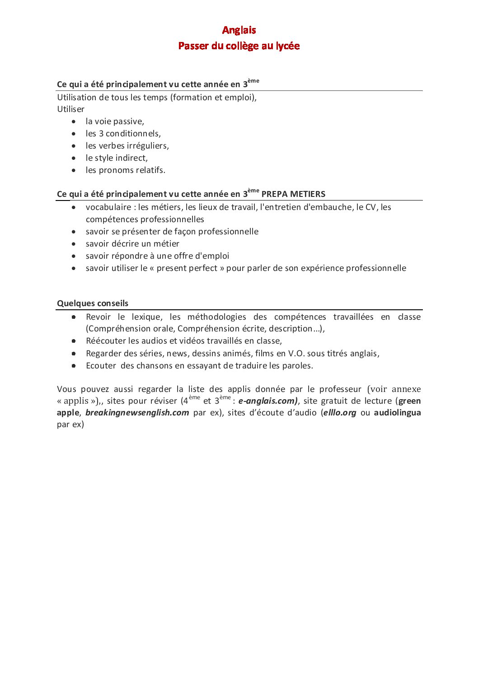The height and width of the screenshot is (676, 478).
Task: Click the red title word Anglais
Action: point(239,30)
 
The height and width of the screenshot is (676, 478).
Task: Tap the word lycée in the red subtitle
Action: point(288,46)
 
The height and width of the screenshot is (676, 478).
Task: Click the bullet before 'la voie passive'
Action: point(74,121)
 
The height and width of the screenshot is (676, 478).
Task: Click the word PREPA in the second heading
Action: point(275,194)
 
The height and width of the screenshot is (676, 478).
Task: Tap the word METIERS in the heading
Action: point(308,194)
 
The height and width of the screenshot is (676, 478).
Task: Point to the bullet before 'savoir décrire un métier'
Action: point(74,244)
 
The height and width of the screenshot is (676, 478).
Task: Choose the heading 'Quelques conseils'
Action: point(93,303)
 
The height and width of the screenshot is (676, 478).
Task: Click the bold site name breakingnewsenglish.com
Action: point(137,413)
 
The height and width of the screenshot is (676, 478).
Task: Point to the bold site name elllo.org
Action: point(340,413)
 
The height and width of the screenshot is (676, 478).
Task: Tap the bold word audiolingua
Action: point(397,413)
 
